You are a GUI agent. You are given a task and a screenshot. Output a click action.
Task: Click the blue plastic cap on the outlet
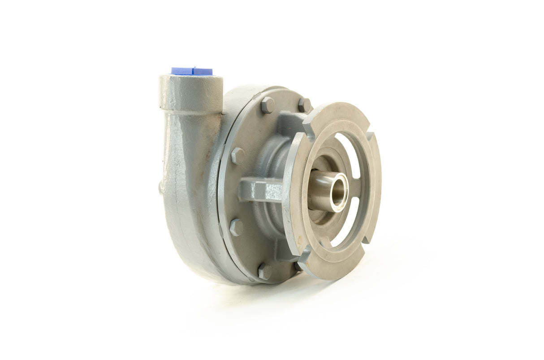[192, 71]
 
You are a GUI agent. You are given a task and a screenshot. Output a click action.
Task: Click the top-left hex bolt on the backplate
[268, 105]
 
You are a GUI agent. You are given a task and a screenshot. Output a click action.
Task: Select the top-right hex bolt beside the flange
[305, 105]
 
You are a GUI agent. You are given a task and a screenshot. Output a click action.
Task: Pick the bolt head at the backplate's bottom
[265, 271]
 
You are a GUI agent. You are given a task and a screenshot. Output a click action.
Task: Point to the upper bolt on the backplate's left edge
[237, 155]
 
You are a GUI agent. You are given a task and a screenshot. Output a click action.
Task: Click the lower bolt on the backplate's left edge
[236, 227]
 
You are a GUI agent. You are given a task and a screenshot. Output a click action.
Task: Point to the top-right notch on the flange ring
[370, 134]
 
